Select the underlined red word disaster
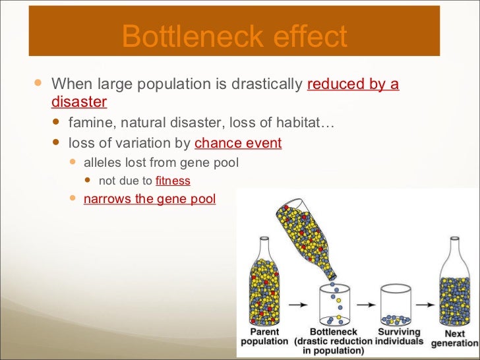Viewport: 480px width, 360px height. click(x=78, y=103)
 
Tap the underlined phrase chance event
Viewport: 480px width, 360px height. click(x=238, y=143)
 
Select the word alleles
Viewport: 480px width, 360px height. click(x=102, y=163)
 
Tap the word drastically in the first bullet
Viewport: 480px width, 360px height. click(x=263, y=84)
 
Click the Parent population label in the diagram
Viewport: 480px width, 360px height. click(x=264, y=337)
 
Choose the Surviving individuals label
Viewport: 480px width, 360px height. click(x=400, y=337)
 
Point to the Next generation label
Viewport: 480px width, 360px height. click(x=455, y=339)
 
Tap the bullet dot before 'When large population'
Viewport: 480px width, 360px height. click(x=38, y=84)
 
